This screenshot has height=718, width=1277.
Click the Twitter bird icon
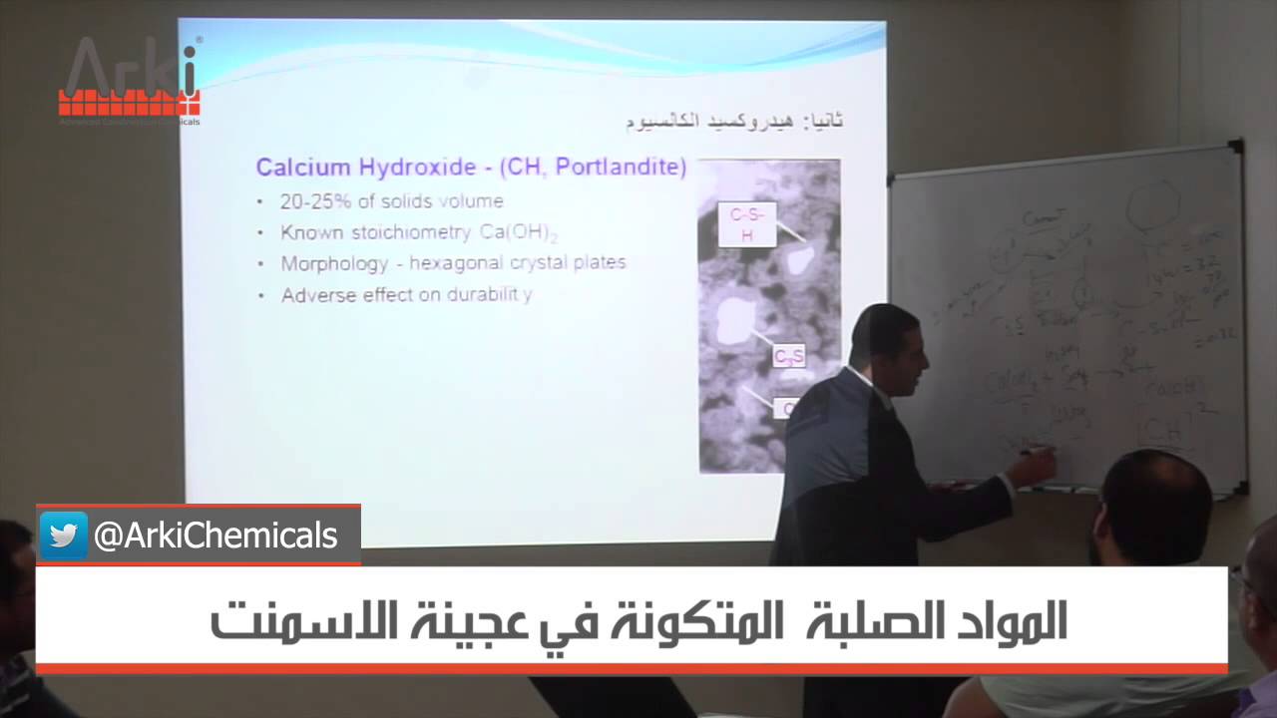coord(64,536)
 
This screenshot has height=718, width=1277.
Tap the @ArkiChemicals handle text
coord(215,537)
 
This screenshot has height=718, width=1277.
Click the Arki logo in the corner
coord(130,80)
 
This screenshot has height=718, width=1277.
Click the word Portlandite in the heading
coord(620,167)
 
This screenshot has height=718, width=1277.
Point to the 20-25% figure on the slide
coord(314,200)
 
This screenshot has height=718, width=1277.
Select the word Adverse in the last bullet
coord(317,295)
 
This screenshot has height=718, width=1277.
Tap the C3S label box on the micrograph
coord(788,357)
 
